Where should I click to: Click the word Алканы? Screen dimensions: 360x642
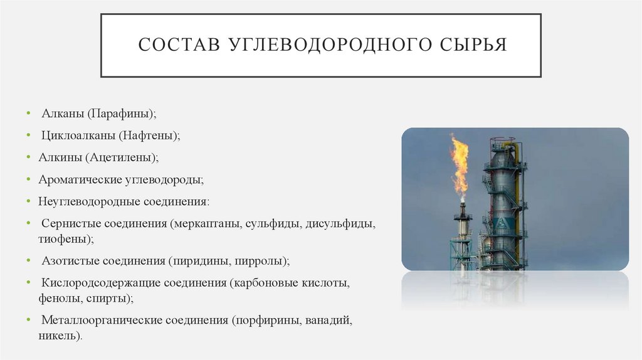coord(63,114)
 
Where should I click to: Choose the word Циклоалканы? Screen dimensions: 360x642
coord(78,134)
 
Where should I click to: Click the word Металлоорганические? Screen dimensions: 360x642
coord(102,320)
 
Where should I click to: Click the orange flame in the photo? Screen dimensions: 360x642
coord(460,164)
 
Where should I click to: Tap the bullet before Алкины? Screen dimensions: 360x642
coord(29,157)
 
